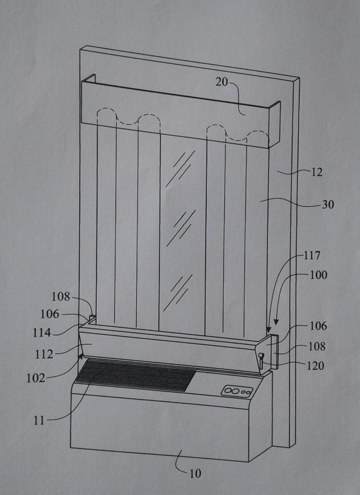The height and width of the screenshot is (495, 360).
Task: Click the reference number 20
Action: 222,82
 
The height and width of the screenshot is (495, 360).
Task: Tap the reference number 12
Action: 317,172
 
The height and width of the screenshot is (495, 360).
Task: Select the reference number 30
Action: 328,205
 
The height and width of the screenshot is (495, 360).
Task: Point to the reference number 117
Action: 312,255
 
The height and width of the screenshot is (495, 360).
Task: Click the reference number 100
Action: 318,275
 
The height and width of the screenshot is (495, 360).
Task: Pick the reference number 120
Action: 315,366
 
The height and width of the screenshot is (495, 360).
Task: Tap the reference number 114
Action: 42,332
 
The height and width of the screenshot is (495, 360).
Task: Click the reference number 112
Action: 44,354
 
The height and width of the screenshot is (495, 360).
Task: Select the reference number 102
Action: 35,378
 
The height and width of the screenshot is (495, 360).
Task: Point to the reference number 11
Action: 39,420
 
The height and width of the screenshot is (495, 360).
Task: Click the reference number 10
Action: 195,473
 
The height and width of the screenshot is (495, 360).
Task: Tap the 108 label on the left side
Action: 61,297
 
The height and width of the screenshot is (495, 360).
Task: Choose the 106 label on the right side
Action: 318,326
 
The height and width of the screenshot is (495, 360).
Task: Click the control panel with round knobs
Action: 237,391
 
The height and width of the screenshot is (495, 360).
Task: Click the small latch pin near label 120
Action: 261,361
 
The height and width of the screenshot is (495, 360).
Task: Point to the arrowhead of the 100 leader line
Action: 276,322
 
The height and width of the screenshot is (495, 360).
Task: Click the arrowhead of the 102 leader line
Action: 81,356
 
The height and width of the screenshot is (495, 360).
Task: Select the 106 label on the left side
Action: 49,314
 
